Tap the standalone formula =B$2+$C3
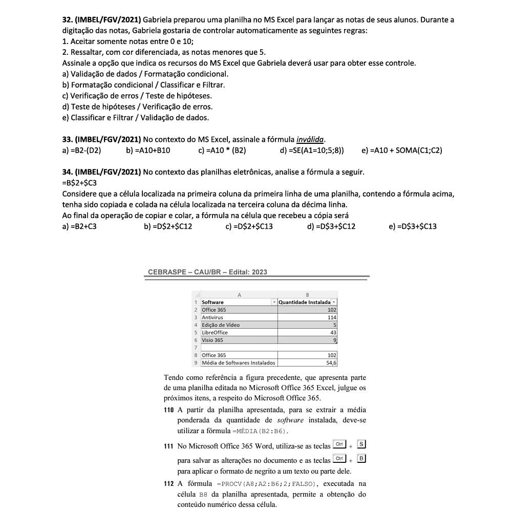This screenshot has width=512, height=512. [80, 183]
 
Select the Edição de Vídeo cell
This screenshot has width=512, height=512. [221, 325]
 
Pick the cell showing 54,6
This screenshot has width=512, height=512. [331, 363]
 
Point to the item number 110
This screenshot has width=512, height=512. [169, 410]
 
